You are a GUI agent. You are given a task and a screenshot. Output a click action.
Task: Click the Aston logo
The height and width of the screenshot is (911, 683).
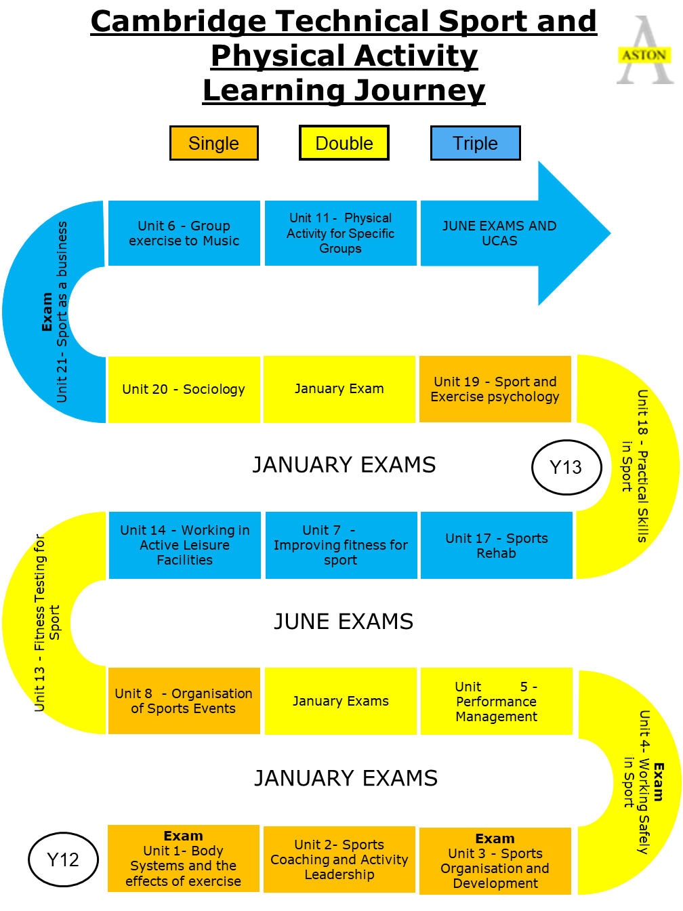[645, 50]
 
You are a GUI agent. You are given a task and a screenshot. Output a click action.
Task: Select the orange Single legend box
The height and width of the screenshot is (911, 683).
[213, 143]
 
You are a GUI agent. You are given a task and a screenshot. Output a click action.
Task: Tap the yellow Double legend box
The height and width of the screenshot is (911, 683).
[344, 143]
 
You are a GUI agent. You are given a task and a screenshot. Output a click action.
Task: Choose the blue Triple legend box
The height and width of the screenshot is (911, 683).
[475, 143]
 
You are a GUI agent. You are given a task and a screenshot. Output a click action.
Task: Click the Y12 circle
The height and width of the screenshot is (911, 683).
[63, 859]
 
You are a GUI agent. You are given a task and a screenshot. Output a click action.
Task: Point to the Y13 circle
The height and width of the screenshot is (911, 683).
[566, 467]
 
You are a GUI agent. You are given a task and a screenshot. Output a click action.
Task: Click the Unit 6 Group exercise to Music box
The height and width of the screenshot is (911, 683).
[184, 233]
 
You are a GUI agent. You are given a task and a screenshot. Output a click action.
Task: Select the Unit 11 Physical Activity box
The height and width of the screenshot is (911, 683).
[340, 233]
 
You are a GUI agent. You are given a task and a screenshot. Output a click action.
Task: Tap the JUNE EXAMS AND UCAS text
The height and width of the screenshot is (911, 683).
[499, 233]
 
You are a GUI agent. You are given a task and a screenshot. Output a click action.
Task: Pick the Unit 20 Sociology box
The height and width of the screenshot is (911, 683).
[184, 389]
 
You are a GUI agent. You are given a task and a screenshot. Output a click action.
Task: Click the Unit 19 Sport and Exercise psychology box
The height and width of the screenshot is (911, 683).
[495, 389]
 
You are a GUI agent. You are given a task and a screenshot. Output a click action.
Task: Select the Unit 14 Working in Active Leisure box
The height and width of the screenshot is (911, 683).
[184, 545]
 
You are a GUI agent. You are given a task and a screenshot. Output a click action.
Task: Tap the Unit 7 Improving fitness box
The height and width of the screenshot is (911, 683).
[341, 545]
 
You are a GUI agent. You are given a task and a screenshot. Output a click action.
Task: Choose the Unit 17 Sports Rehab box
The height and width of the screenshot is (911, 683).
[497, 545]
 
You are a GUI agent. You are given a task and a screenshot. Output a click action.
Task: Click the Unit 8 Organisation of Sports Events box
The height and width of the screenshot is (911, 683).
[184, 701]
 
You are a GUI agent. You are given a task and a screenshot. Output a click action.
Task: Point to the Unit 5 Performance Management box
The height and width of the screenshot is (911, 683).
[497, 701]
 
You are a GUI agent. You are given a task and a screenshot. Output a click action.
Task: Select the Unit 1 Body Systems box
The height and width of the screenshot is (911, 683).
[184, 858]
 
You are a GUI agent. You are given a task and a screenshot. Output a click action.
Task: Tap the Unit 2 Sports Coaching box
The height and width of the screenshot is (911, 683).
[339, 859]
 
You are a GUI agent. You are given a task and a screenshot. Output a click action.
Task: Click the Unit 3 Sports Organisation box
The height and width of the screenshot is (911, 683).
[495, 861]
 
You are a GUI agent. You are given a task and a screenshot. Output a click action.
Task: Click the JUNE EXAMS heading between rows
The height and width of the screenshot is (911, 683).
[344, 622]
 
